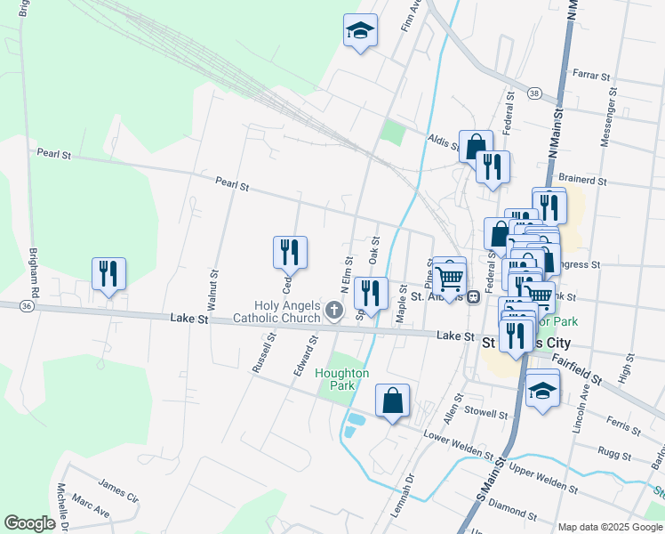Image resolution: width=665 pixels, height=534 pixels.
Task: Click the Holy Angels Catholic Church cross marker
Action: click(334, 310)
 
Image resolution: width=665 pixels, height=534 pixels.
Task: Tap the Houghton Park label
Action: click(342, 379)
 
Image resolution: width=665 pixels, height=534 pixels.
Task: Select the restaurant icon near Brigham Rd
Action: click(108, 273)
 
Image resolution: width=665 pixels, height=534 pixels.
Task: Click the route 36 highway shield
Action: click(27, 306)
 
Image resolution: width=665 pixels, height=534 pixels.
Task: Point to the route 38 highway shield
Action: click(533, 93)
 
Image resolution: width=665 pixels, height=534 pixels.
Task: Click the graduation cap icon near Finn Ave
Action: click(360, 31)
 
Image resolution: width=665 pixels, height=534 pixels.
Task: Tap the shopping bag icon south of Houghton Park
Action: click(392, 401)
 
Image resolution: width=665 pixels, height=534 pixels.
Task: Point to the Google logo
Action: click(30, 523)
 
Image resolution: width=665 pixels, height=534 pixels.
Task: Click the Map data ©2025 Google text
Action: click(609, 527)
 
